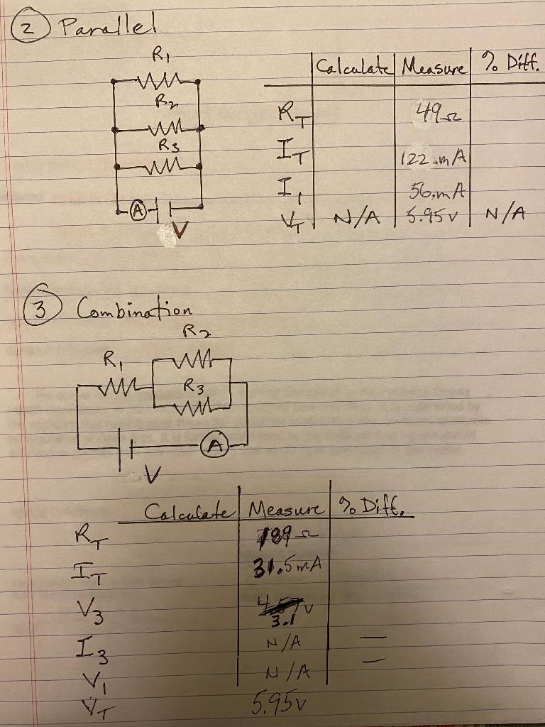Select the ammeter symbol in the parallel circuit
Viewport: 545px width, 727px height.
point(140,211)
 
